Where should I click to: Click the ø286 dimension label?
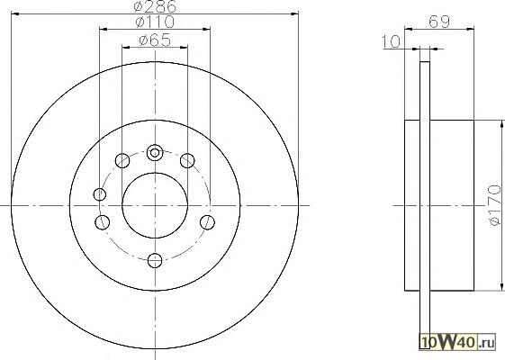(155, 6)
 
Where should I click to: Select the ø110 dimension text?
(155, 22)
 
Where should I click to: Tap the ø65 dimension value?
(155, 40)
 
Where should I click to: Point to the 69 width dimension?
(438, 22)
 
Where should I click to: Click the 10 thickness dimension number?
(392, 41)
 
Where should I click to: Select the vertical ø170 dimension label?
(495, 205)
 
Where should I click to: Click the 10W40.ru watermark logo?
(456, 342)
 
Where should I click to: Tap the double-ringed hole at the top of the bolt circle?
(155, 152)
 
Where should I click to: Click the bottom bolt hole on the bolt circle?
(155, 260)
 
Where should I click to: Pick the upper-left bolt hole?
(122, 160)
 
